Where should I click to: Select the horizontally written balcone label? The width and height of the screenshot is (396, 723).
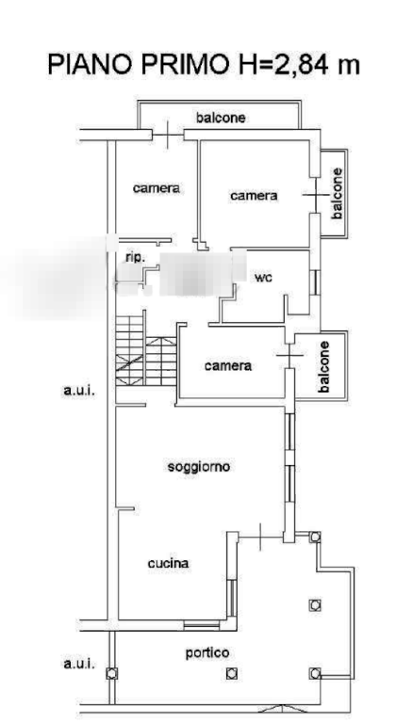pos(221,118)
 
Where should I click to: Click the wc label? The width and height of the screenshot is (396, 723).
pos(263,278)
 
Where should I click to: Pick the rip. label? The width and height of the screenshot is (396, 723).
pos(136,257)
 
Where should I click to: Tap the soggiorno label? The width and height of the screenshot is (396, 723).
pos(199,467)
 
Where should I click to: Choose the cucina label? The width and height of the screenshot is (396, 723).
pos(168,563)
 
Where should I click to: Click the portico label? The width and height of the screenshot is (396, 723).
pos(207,653)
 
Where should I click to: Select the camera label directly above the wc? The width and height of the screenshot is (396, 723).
pos(255,196)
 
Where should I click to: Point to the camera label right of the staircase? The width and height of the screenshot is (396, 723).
pos(228,365)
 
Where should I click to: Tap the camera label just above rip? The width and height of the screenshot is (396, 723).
pos(157,188)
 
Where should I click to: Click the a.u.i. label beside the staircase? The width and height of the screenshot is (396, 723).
pos(78,392)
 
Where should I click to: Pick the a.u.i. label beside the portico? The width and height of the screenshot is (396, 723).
pos(79,664)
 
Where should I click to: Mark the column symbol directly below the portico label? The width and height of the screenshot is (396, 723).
pos(232,674)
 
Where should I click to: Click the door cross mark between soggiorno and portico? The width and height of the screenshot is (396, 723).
pos(260,537)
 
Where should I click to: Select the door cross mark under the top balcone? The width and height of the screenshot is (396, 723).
pos(167,135)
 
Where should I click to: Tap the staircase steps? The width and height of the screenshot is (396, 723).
pos(146,350)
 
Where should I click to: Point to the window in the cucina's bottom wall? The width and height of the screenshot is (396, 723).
pos(202,625)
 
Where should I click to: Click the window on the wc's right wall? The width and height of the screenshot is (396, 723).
pos(315,282)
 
